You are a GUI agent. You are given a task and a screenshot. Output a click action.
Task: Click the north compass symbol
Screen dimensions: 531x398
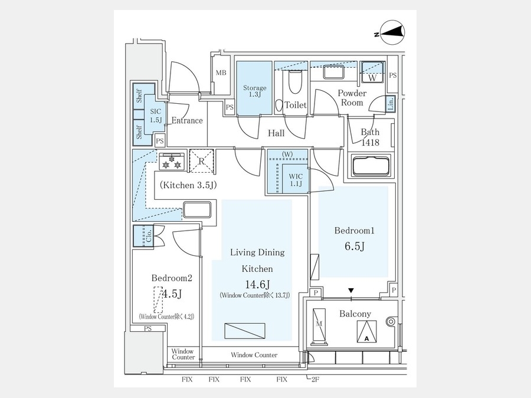[392, 32]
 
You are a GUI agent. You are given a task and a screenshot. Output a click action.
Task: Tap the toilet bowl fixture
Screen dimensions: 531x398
[296, 82]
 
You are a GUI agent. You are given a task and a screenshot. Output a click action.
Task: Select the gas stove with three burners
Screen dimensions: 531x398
[172, 162]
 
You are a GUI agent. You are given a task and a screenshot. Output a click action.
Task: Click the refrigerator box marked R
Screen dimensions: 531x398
[202, 161]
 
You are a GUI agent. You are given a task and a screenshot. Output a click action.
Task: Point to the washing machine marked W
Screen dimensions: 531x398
[372, 72]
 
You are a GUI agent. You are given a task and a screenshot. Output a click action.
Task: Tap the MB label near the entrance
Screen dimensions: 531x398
[221, 73]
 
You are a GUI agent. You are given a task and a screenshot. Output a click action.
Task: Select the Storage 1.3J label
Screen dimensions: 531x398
[255, 91]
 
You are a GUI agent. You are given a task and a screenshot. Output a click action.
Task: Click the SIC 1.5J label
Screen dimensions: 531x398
[156, 116]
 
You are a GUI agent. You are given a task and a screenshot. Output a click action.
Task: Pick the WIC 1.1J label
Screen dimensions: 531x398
[296, 180]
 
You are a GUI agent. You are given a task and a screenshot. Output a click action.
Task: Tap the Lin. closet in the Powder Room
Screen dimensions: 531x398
[390, 104]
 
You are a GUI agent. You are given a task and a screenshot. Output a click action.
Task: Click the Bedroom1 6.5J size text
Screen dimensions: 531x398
[354, 246]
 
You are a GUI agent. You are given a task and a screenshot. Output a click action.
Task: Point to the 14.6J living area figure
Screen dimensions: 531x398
[257, 284]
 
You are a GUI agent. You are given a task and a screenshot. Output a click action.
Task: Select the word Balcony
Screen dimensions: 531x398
[355, 314]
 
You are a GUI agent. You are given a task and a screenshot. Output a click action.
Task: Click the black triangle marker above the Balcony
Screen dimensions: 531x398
[351, 290]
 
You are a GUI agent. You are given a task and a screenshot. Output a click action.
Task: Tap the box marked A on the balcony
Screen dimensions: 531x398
[367, 331]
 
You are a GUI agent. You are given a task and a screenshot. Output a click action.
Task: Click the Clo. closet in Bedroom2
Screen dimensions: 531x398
[143, 236]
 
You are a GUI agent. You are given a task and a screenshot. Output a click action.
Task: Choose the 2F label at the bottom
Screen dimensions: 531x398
[314, 379]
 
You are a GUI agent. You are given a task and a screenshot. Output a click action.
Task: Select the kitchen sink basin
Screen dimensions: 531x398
[197, 210]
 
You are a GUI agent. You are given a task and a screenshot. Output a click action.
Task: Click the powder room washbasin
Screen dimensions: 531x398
[334, 72]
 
